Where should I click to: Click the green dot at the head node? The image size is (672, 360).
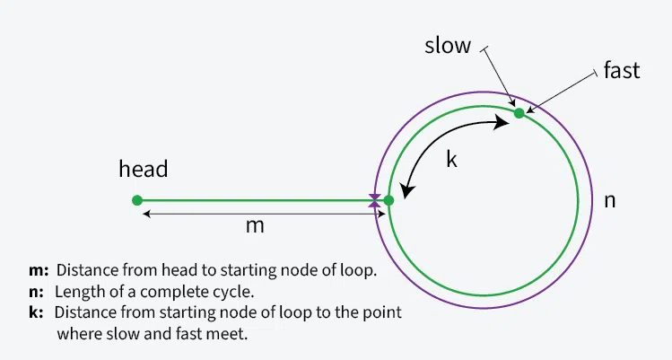point(137,200)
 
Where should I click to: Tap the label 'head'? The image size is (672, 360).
point(144,169)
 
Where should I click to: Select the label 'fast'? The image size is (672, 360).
point(622,71)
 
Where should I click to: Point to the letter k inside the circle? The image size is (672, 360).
point(452,161)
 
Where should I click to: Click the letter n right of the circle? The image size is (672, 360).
point(609,200)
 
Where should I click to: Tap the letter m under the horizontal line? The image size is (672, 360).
point(255,226)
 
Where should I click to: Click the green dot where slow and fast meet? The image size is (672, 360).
point(519,113)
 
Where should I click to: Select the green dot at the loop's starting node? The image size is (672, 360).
point(388,200)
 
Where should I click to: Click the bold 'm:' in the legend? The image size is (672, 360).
point(39,270)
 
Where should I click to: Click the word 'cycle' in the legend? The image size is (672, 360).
point(231,292)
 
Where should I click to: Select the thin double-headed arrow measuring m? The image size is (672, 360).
point(260,213)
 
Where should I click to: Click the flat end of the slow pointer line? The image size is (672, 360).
point(485,49)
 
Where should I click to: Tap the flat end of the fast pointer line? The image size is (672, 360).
point(595,75)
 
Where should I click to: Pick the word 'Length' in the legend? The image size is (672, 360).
point(78,292)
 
